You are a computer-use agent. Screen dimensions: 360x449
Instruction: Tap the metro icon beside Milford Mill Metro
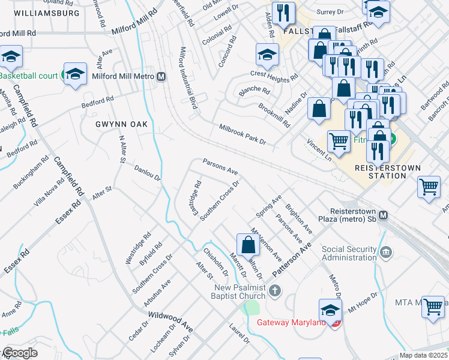coord(161,76)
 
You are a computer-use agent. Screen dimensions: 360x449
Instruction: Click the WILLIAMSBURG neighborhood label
coord(40,13)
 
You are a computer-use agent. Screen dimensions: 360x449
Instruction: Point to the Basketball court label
coord(28,76)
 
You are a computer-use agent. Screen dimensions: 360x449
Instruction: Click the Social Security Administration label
coord(348,253)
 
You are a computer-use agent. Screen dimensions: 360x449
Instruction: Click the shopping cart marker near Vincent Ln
coord(339,142)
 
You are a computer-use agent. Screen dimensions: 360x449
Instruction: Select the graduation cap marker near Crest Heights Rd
coord(267,55)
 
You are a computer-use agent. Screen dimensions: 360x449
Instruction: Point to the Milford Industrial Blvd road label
coord(187,79)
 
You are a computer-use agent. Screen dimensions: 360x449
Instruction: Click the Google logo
coord(20,352)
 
